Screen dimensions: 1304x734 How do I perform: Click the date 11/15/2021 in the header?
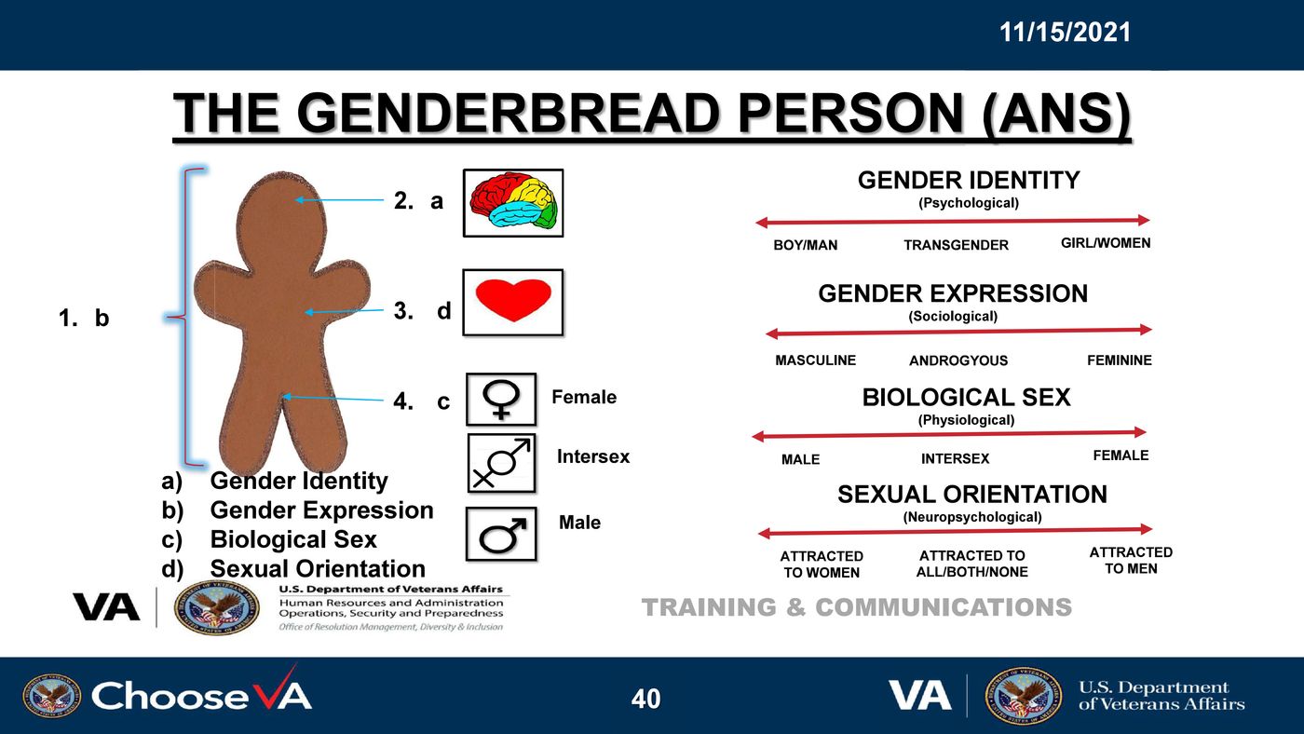(1065, 32)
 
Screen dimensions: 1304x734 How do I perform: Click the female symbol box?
(501, 400)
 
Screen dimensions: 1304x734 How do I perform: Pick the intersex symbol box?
(501, 463)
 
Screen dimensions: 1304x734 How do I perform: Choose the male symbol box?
(501, 534)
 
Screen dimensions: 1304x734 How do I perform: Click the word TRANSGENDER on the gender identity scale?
(956, 245)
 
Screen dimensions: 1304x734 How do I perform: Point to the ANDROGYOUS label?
(958, 360)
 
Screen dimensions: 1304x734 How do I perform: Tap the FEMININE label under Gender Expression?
(1119, 360)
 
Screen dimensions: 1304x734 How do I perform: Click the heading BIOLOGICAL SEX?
(967, 398)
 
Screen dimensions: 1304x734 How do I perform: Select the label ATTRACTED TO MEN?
(1131, 560)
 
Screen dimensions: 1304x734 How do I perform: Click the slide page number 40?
(645, 699)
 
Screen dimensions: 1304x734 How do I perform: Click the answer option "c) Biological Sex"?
(269, 539)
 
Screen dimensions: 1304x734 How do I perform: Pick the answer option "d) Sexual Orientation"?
(293, 569)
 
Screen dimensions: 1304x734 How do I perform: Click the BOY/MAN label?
(805, 245)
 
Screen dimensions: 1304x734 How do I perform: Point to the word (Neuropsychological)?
(972, 517)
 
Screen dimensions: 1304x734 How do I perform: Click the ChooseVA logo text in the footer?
(201, 696)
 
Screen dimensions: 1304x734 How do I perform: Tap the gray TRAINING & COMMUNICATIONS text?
(856, 607)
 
